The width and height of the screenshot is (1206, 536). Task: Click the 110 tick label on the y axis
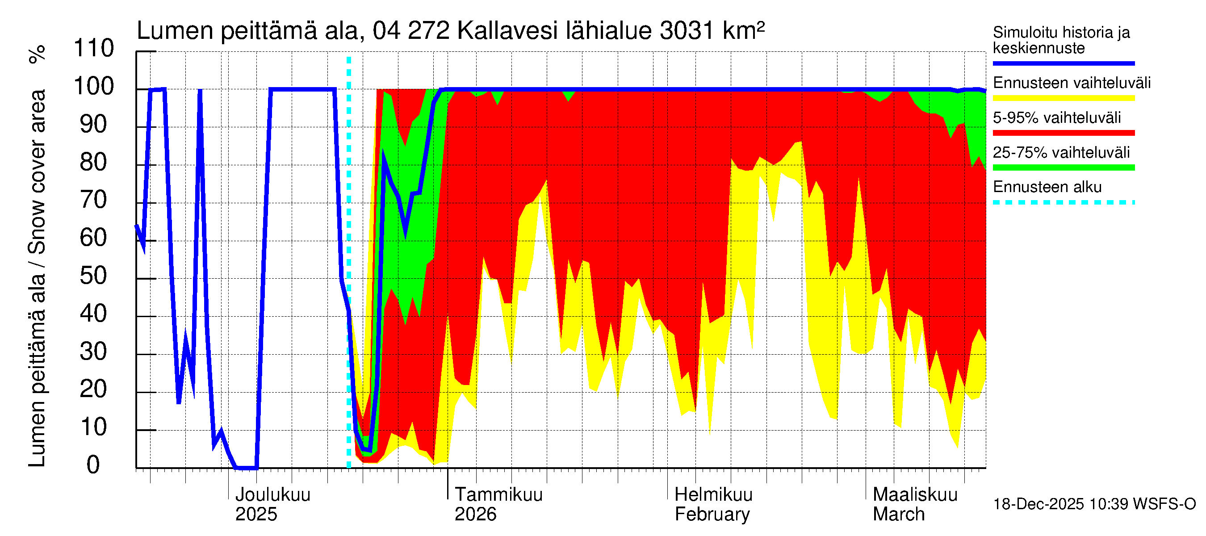[x=94, y=49]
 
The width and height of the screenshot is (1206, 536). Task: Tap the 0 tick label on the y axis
[x=93, y=465]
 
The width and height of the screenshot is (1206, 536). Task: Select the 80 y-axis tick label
[x=94, y=163]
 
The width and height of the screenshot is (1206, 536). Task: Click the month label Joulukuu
[x=272, y=495]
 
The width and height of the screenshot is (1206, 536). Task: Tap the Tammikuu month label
[x=498, y=495]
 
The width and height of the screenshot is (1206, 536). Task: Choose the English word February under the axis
[x=712, y=515]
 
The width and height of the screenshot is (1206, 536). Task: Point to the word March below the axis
[x=898, y=515]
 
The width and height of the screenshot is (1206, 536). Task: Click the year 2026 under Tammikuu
[x=475, y=515]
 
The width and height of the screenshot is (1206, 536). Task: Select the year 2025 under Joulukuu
[x=256, y=515]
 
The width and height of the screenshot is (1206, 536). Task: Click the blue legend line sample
[x=1063, y=63]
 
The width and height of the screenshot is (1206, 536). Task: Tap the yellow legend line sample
[x=1063, y=98]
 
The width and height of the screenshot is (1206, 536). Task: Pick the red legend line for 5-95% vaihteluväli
[x=1063, y=133]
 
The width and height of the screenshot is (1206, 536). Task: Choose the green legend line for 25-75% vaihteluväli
[x=1063, y=167]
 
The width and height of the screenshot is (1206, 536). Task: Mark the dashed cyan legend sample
[x=1063, y=203]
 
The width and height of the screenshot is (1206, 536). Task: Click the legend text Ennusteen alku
[x=1047, y=187]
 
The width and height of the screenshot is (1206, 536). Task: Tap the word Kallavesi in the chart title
[x=507, y=31]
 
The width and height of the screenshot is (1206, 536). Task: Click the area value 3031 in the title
[x=687, y=31]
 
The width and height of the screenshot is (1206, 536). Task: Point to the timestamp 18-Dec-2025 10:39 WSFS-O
[x=1094, y=504]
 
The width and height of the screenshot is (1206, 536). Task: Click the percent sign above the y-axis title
[x=38, y=54]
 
